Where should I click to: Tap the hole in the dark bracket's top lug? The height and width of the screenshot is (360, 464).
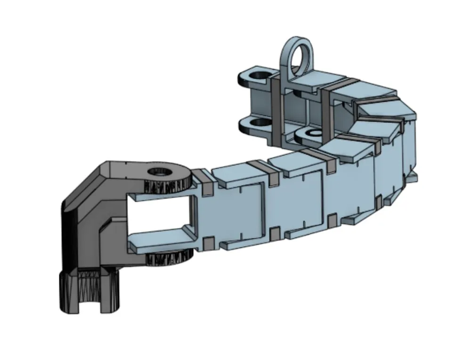tap(159, 172)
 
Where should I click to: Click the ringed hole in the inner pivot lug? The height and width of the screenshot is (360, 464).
tap(311, 134)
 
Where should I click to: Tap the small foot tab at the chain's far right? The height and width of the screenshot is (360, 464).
tap(411, 177)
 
